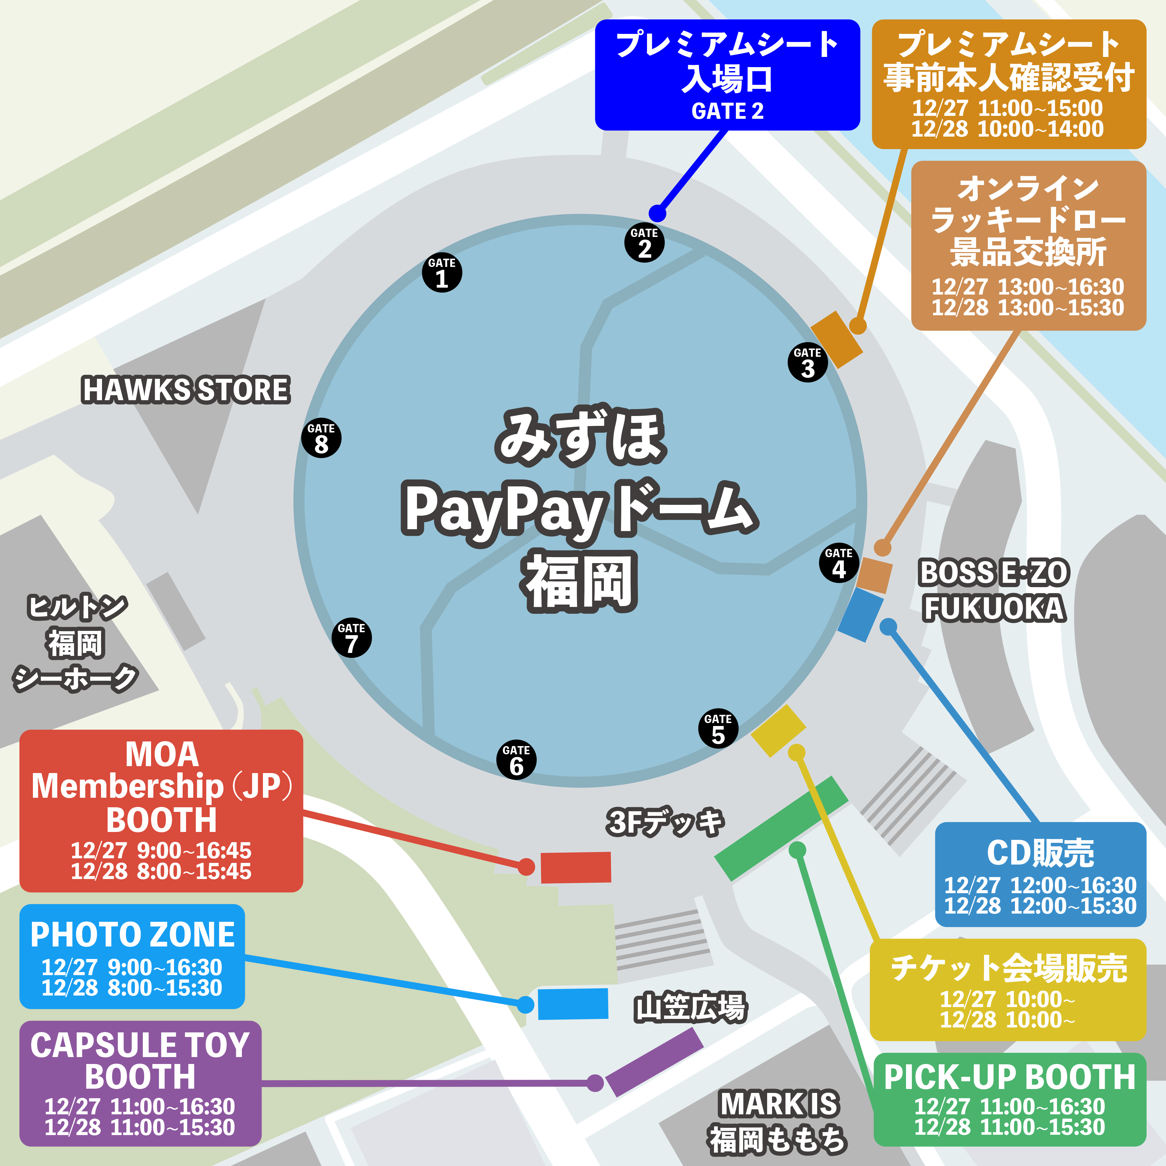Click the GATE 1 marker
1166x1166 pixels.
pos(442,272)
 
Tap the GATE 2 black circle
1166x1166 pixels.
pos(644,242)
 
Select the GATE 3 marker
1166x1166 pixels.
pos(808,362)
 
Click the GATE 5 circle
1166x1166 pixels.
pos(717,728)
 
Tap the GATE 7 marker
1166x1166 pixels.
pos(351,637)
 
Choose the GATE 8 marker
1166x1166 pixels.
pos(321,438)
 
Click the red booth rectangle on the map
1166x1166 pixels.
pos(575,867)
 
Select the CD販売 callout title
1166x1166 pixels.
pos(1040,853)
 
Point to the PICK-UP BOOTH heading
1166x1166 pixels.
pos(1009,1077)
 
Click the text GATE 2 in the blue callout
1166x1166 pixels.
pos(727,111)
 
